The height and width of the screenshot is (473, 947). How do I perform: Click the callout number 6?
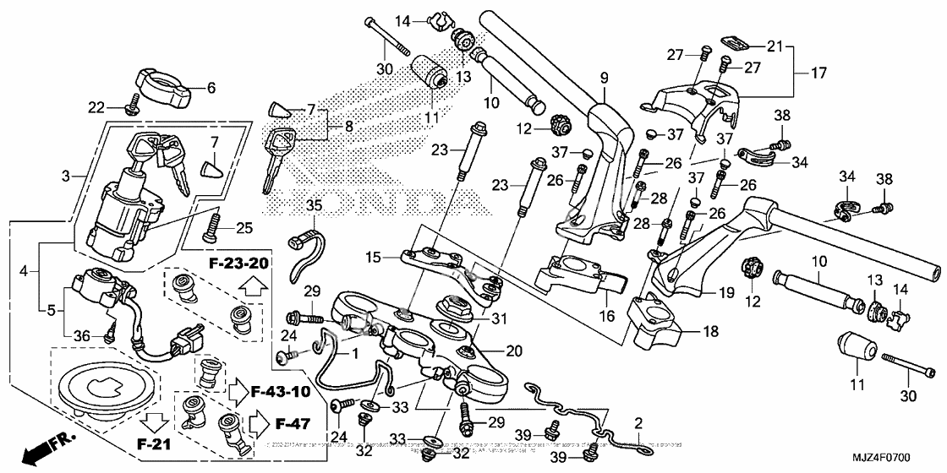[x=211, y=87]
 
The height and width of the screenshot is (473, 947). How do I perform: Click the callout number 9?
[x=605, y=79]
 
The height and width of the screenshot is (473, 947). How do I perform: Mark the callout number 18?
[x=710, y=333]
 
